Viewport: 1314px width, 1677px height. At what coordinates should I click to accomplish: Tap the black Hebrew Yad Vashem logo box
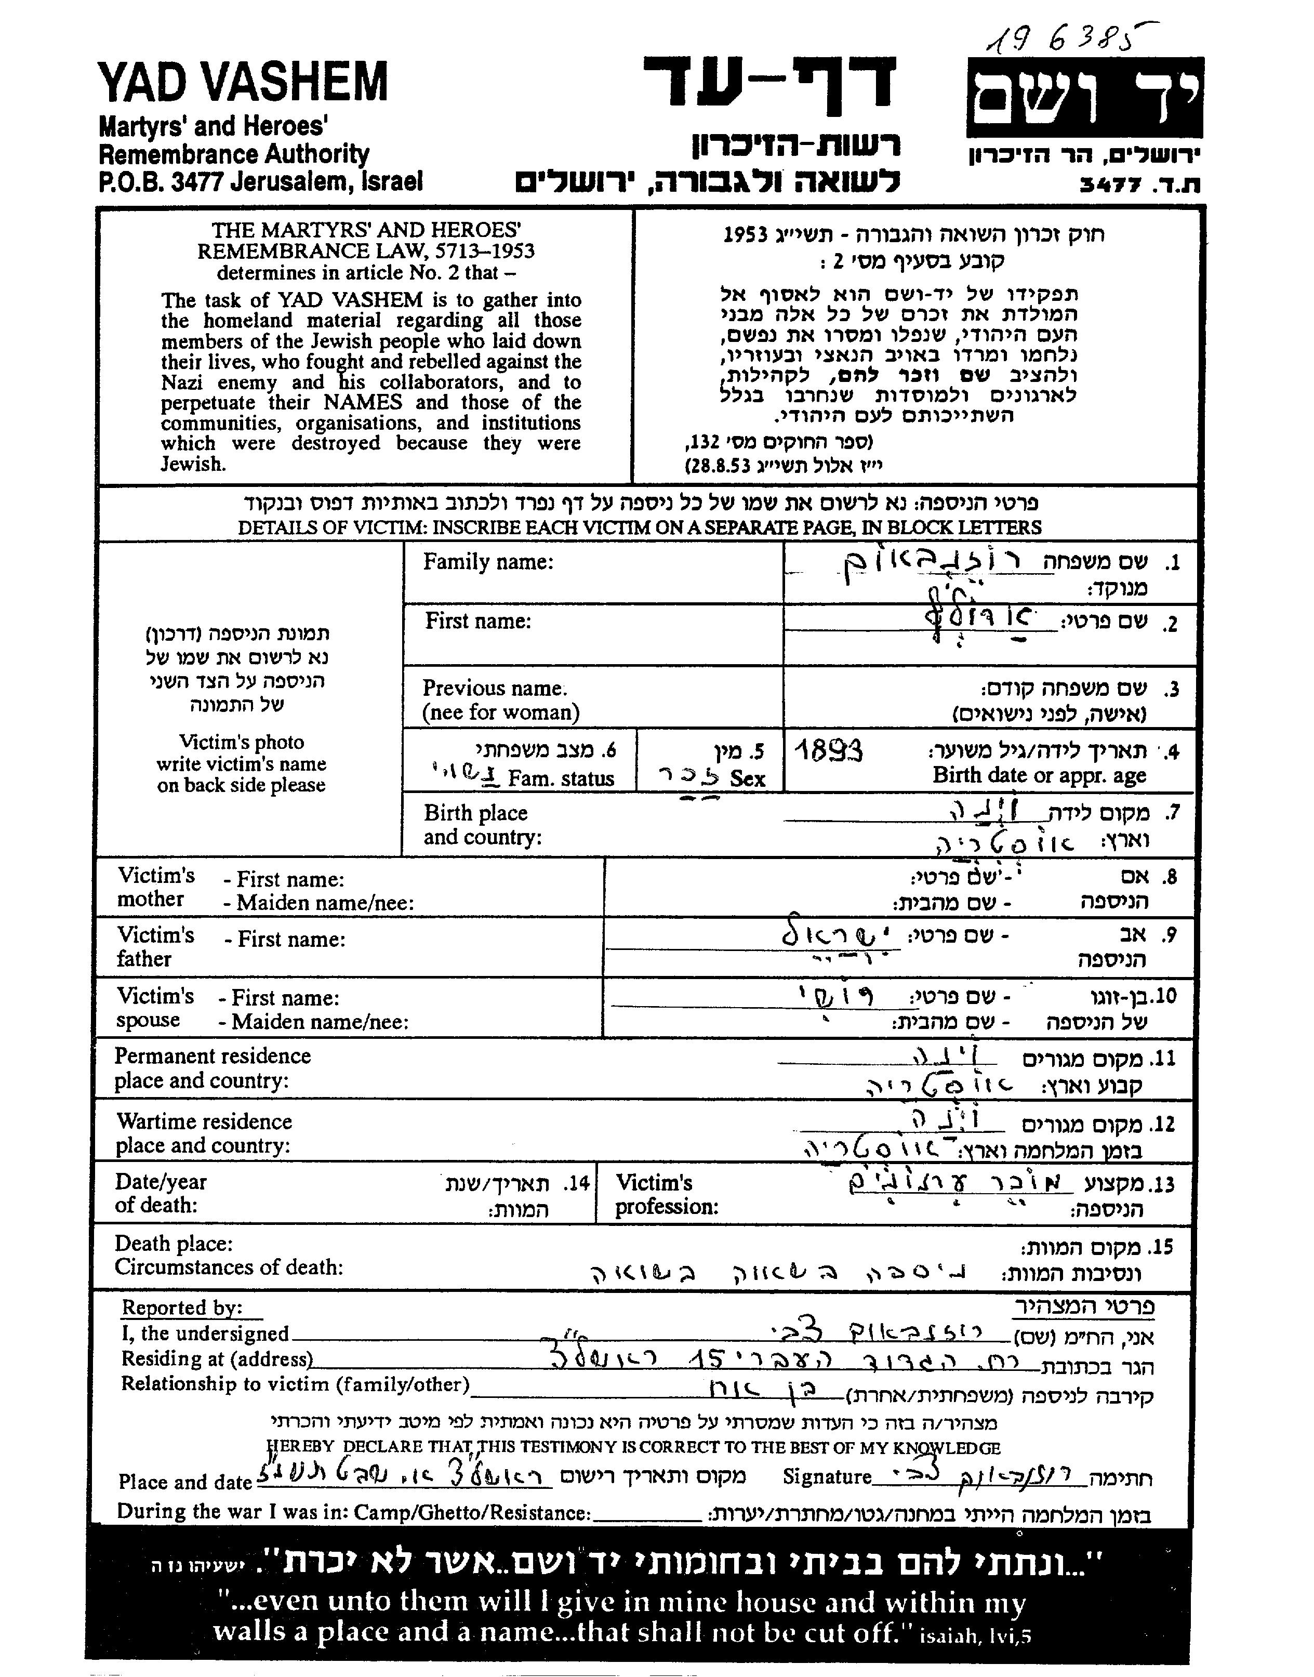[1085, 98]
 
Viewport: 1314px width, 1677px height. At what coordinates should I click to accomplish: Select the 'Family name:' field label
[488, 562]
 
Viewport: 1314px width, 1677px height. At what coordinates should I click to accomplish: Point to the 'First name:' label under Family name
[478, 621]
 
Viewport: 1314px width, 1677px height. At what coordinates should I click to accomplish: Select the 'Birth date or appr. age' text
[1039, 775]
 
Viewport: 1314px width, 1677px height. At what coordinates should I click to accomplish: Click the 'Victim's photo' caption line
[242, 742]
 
